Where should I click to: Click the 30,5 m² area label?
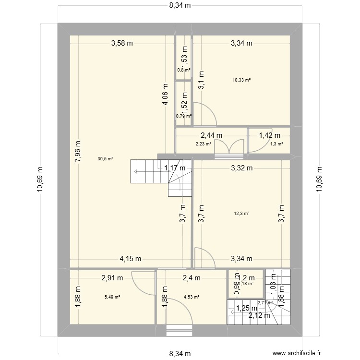(x=106, y=159)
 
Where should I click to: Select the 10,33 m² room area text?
(x=241, y=80)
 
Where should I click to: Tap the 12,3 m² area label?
(x=241, y=214)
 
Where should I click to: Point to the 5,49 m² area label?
(x=112, y=297)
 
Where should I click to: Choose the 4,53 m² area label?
(x=191, y=297)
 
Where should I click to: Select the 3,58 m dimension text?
(x=122, y=43)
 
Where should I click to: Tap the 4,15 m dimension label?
(x=130, y=259)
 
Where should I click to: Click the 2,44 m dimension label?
(x=211, y=135)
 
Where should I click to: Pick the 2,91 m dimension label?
(x=112, y=277)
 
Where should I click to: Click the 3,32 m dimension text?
(x=241, y=168)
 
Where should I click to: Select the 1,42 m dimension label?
(x=269, y=135)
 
